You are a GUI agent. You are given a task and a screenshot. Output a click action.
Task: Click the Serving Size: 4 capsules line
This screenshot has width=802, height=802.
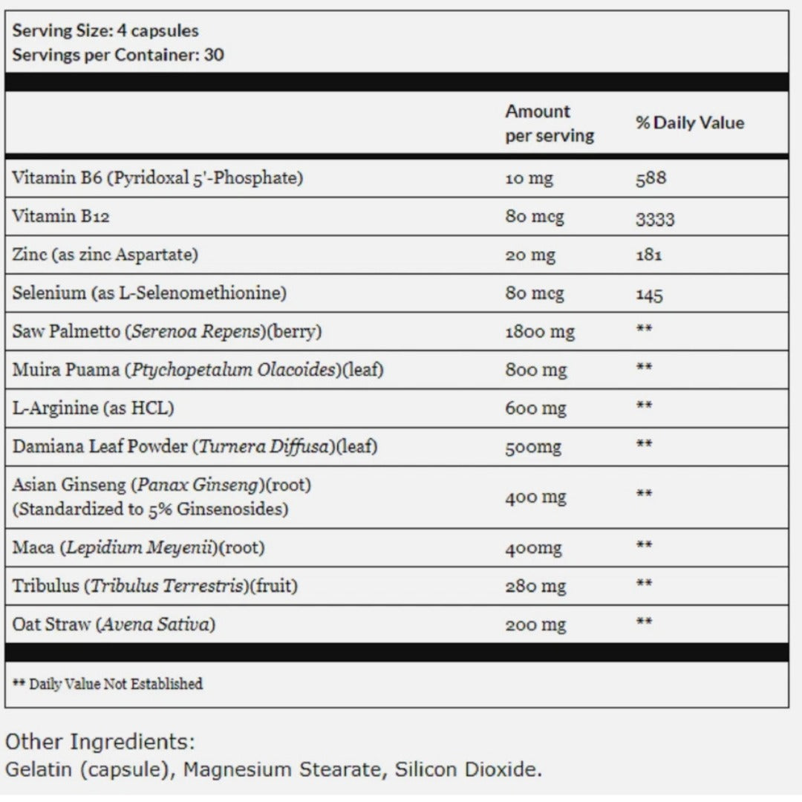105,31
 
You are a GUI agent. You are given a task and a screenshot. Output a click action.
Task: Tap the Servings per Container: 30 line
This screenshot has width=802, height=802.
118,55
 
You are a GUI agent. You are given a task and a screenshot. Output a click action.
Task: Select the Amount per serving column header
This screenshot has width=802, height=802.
549,123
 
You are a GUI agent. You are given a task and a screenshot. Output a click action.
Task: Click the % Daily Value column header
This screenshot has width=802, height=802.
689,123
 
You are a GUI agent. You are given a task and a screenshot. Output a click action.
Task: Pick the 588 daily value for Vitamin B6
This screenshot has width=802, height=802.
651,178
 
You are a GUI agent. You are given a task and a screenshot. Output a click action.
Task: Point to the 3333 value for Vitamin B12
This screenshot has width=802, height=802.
654,218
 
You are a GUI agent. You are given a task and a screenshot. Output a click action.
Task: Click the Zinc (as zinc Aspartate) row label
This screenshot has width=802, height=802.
105,255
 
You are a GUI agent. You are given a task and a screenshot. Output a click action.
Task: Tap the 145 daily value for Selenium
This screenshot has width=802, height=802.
649,295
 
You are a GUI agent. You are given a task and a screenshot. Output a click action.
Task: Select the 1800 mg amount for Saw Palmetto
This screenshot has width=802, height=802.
539,332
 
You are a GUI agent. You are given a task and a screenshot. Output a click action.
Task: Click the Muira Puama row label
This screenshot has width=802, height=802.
198,370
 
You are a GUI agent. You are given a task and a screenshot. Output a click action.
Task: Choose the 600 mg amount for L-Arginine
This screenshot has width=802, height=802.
535,408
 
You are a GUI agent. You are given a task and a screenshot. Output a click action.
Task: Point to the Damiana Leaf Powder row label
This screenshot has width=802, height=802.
195,447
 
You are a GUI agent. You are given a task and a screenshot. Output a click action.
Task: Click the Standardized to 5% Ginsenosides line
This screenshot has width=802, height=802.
150,509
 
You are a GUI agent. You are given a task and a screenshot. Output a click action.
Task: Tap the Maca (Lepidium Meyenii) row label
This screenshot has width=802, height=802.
138,548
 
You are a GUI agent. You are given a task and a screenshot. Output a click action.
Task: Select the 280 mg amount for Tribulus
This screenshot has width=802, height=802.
535,587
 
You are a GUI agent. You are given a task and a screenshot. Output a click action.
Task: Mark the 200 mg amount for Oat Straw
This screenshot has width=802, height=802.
535,625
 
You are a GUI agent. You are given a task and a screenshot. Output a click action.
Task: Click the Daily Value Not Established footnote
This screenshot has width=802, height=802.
108,684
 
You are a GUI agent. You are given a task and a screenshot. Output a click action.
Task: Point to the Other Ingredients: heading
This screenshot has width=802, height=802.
100,742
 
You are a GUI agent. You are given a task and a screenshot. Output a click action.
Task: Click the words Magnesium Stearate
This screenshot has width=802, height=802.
283,769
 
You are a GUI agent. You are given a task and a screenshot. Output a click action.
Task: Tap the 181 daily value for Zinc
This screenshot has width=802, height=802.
648,255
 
